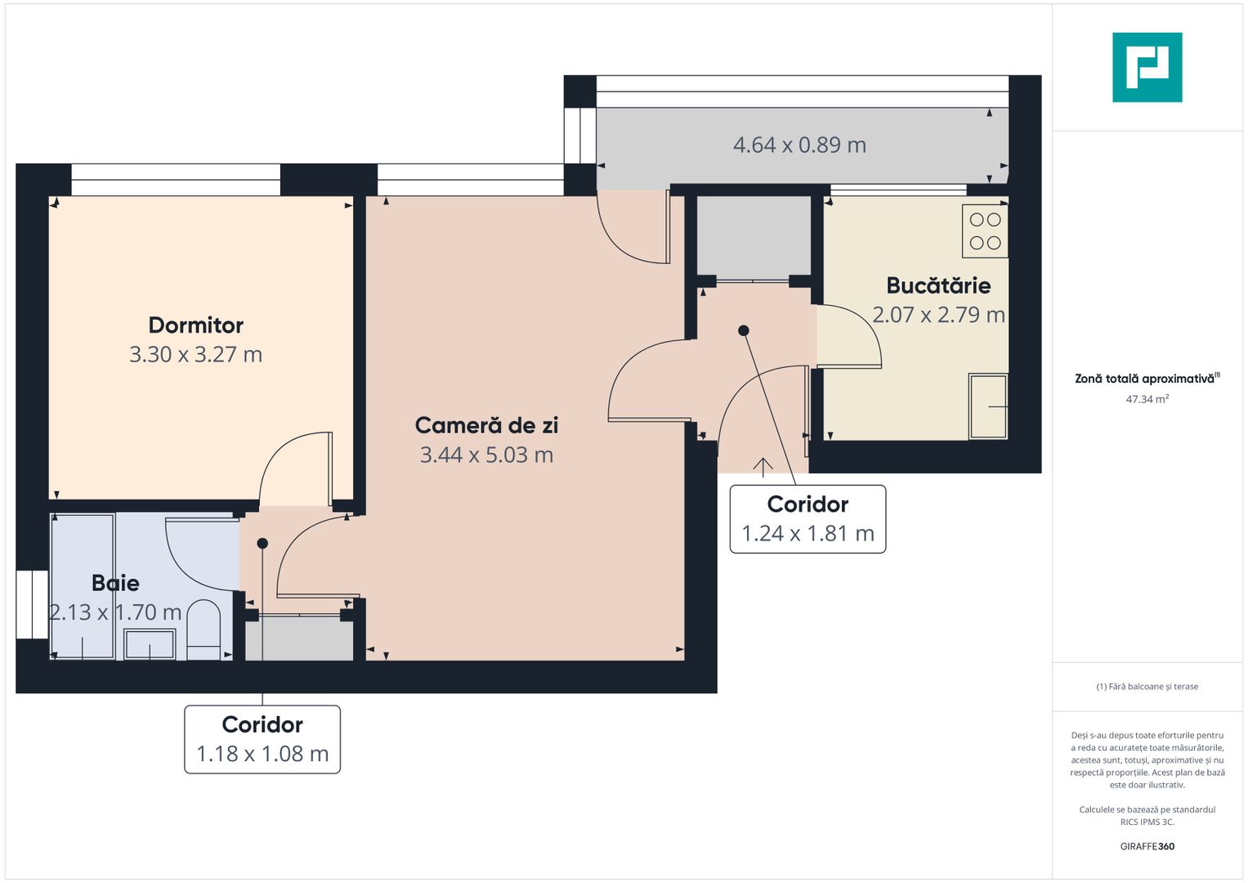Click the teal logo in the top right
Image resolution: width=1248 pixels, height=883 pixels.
1147,67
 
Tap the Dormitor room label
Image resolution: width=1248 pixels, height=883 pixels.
196,325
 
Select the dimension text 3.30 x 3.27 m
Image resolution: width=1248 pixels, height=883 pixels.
196,355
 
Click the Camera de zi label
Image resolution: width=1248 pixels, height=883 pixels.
486,425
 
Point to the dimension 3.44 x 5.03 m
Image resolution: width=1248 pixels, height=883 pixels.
486,455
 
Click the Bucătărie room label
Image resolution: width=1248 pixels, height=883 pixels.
938,285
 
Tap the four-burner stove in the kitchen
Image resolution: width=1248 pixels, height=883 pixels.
985,231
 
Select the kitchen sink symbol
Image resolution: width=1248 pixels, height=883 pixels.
987,406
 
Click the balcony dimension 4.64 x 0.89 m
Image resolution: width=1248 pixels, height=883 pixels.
799,146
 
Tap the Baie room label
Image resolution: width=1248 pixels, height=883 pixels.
115,583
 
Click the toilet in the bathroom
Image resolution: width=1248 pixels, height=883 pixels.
204,630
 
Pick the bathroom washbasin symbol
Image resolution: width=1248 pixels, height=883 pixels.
149,644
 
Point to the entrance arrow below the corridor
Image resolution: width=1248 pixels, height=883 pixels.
763,466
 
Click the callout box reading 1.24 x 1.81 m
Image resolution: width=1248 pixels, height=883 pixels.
807,519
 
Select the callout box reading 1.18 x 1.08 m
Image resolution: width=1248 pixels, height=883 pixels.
262,739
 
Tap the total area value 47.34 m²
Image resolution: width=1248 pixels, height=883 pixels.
1147,399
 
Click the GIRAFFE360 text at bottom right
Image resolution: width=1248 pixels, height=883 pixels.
1147,846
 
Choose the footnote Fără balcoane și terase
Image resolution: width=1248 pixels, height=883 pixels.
1147,687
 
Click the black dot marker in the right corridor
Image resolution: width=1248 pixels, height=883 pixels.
744,331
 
